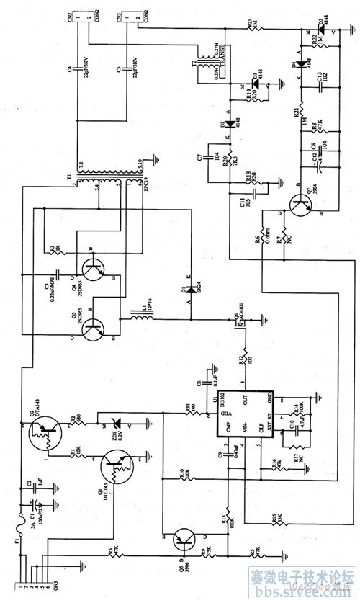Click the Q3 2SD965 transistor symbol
point(93,330)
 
